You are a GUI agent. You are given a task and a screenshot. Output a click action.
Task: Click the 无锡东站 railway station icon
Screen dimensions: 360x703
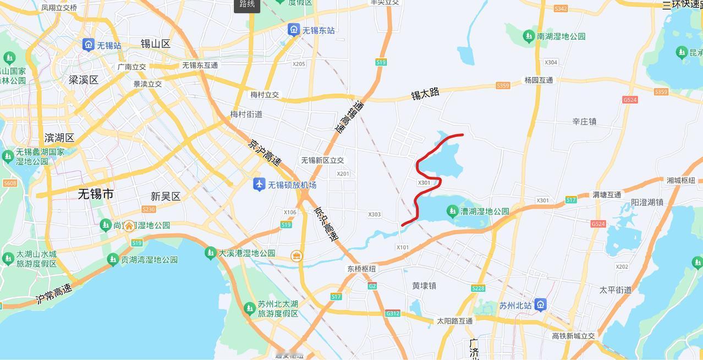pos(294,30)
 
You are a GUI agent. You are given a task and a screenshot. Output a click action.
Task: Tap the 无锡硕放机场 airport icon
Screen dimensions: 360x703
pos(259,184)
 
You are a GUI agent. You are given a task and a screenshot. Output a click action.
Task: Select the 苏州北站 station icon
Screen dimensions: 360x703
pos(541,304)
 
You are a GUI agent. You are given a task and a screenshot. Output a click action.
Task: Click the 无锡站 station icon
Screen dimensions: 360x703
pos(88,45)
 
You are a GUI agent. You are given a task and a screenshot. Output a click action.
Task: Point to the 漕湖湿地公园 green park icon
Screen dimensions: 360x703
pos(452,211)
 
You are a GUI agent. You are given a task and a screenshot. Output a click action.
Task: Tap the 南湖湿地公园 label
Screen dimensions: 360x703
pos(561,36)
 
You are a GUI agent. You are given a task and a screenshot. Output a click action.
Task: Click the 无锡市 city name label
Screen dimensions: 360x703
pos(96,194)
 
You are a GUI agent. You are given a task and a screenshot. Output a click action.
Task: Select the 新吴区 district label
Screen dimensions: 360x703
pos(166,197)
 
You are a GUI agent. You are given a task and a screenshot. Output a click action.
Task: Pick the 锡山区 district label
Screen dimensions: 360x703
pos(156,43)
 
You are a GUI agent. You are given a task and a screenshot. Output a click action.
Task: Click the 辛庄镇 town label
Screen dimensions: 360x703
pos(584,121)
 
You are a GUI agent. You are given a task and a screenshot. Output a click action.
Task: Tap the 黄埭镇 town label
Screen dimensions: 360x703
pos(424,286)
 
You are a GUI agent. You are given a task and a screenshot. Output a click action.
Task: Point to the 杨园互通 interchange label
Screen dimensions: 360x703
pos(539,80)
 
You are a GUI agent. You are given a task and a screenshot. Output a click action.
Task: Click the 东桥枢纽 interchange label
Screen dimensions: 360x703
pos(361,269)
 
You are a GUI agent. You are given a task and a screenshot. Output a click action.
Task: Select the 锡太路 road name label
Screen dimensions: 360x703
pos(425,94)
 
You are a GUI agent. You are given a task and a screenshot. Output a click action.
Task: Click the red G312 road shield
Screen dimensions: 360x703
pos(393,313)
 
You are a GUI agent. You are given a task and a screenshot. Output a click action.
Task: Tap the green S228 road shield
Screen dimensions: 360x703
pos(478,288)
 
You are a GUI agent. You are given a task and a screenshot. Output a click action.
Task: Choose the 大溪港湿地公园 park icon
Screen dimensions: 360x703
pos(210,253)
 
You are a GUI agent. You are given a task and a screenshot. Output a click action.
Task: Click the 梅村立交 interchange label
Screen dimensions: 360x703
pos(265,95)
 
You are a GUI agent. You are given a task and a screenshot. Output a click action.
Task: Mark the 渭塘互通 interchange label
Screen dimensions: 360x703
pos(607,194)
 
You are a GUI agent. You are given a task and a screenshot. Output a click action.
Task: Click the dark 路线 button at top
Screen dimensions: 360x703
pos(247,5)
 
